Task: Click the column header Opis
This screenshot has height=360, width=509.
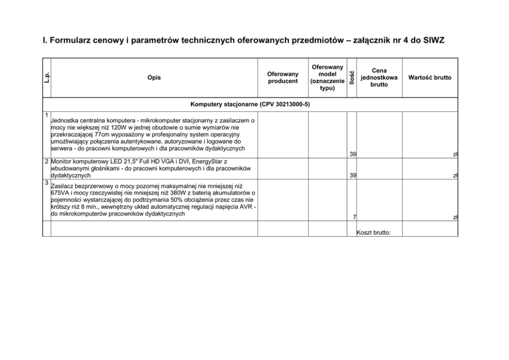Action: [x=154, y=78]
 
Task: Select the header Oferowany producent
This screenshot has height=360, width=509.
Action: [x=283, y=78]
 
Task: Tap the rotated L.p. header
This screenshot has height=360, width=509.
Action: [x=46, y=78]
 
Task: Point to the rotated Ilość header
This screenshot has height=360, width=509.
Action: [x=351, y=78]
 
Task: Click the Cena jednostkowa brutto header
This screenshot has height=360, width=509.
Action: [x=379, y=78]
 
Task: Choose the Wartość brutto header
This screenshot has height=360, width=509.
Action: [x=430, y=78]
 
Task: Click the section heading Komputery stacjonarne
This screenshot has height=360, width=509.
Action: [x=250, y=105]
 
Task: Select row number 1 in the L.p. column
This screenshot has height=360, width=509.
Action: [x=46, y=114]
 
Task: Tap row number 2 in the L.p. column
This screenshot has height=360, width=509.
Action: [x=46, y=161]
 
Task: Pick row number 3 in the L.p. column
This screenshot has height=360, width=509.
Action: [x=46, y=183]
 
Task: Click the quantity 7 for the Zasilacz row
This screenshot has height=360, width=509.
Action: [x=355, y=217]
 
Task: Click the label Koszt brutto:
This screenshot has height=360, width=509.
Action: [x=374, y=232]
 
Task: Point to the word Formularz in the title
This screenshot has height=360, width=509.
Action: [x=69, y=40]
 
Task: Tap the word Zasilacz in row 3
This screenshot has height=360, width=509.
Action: [x=64, y=186]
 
